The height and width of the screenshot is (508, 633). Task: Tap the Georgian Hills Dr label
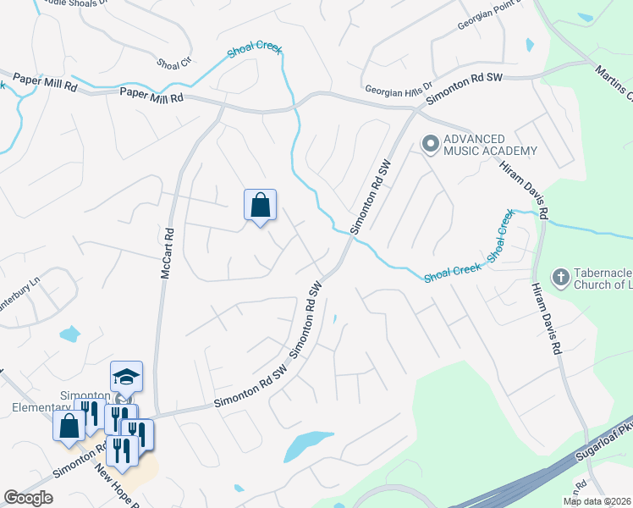(x=399, y=88)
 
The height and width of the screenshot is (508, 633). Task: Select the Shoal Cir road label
(x=174, y=63)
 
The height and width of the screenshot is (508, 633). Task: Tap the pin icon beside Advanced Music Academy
(x=430, y=145)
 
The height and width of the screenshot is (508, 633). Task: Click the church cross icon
(x=560, y=277)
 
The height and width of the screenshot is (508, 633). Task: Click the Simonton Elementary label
(x=85, y=401)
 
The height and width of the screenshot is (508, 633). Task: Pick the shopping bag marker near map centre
(x=260, y=206)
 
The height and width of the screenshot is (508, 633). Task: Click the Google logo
(x=28, y=498)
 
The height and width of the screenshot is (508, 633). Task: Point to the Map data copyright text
(x=597, y=501)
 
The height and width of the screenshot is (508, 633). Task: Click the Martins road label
(x=614, y=81)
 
